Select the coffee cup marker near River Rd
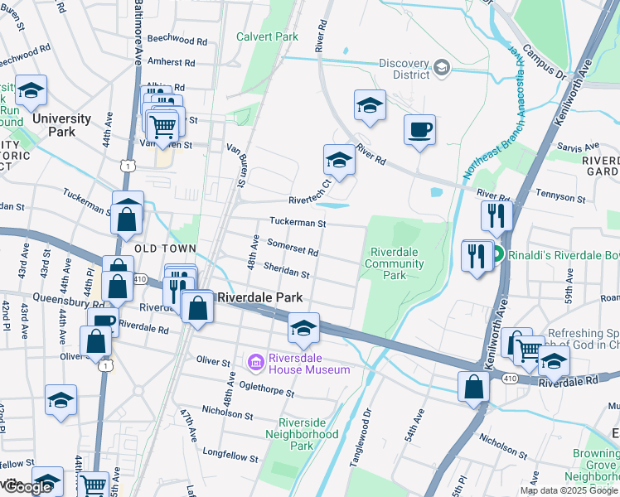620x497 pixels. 419,130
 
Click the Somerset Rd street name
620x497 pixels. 293,246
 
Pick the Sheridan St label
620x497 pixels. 287,269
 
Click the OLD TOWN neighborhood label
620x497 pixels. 165,248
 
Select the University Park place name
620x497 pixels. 61,125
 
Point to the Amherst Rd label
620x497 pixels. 171,62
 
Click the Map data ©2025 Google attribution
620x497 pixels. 568,490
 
